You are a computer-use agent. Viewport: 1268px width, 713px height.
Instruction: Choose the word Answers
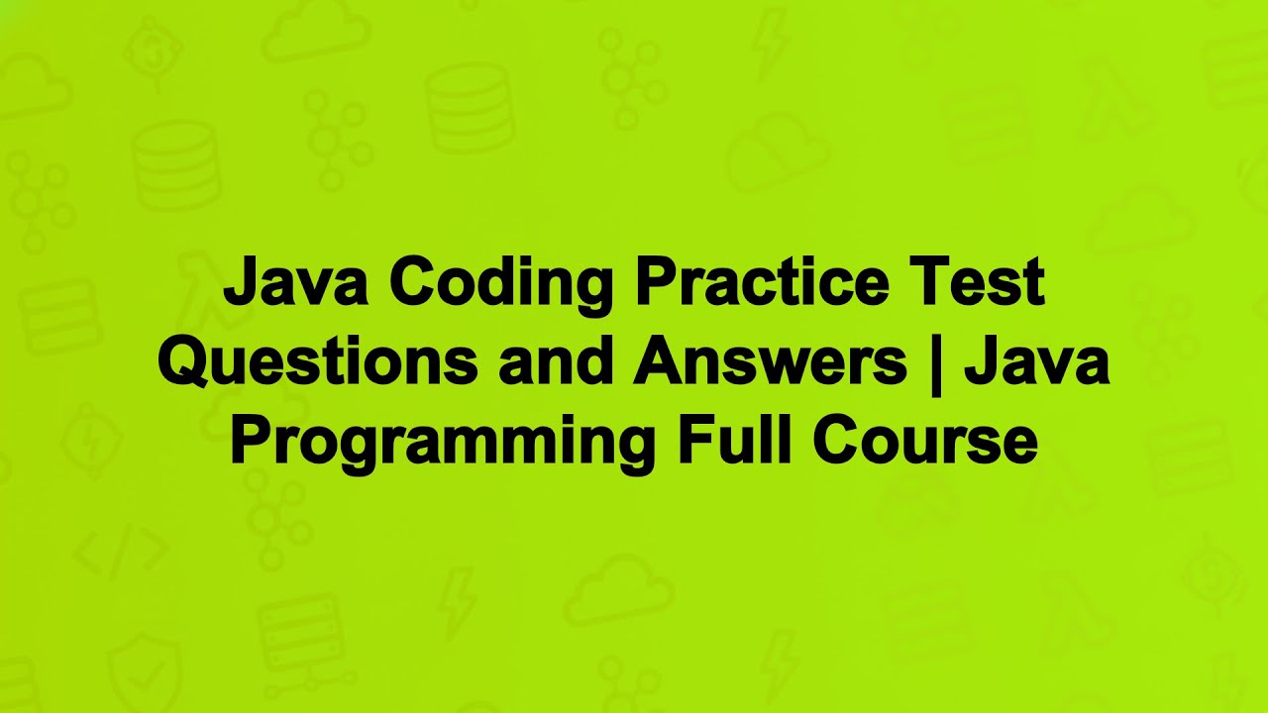click(771, 362)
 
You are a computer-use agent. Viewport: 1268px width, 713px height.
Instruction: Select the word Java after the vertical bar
click(1036, 362)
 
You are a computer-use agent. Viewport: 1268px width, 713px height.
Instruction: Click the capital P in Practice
click(654, 283)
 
